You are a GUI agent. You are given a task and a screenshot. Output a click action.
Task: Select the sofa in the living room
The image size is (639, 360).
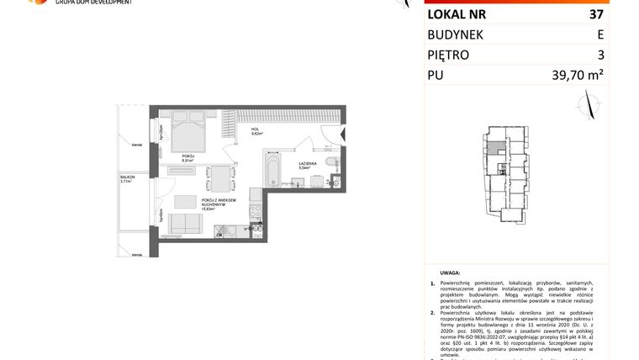point(186,223)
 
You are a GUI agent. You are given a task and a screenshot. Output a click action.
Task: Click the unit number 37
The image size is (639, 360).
point(595,14)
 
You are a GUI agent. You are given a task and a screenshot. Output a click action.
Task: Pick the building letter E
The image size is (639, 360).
point(599,34)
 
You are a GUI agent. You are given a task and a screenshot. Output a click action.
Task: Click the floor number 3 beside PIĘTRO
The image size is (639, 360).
point(600,55)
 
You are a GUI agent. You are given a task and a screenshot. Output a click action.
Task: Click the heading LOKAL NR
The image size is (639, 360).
point(456,14)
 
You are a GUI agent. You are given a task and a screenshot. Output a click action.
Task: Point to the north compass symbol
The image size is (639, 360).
point(589,103)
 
